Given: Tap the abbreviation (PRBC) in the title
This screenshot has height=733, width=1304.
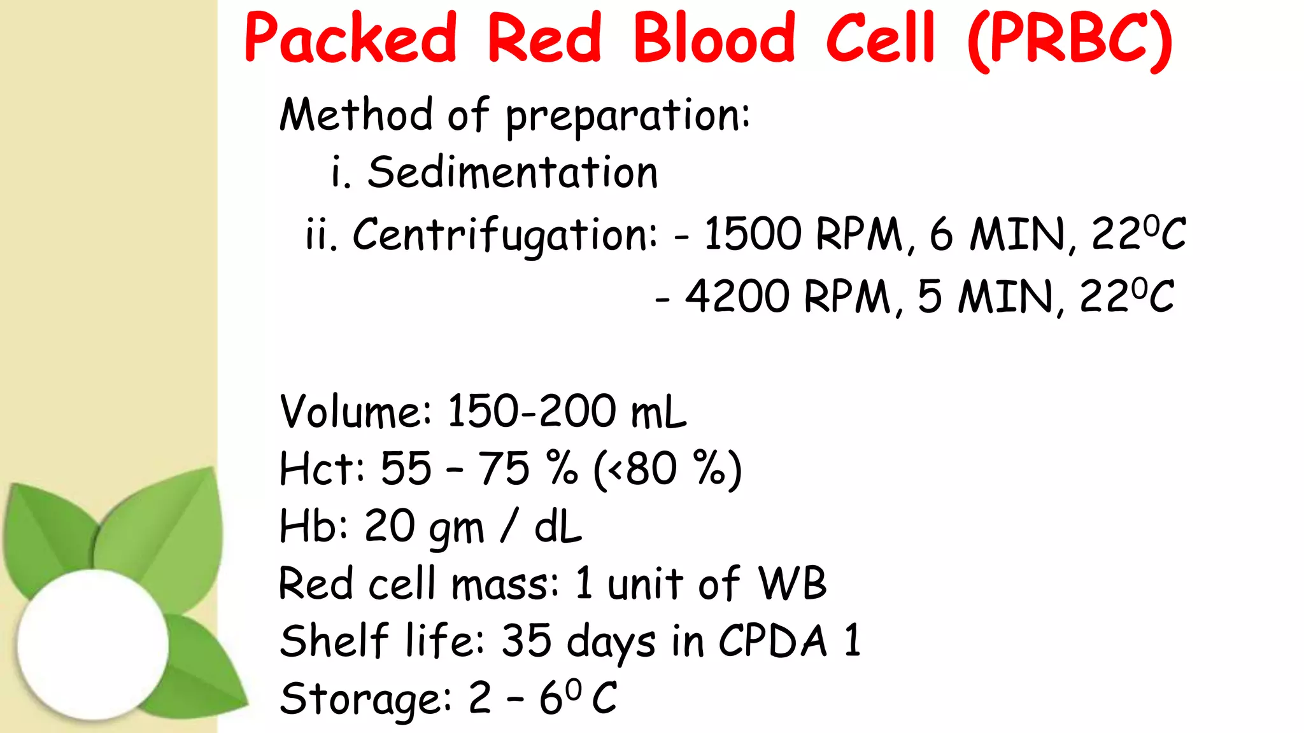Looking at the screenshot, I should [x=1070, y=39].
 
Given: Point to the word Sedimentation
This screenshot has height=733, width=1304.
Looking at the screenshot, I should [x=513, y=172].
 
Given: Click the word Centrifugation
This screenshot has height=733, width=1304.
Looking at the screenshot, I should [x=504, y=235].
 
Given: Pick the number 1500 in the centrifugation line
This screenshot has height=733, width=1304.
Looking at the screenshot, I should [x=752, y=234].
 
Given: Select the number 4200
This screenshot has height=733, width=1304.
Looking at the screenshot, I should [x=737, y=296].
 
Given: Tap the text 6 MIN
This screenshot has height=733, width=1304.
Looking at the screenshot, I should [x=997, y=234].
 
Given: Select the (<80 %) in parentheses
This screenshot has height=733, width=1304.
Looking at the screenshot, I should [x=667, y=469].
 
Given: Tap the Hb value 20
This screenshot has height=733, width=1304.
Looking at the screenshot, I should [x=389, y=526].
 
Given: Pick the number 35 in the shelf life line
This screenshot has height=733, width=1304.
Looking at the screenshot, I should [x=527, y=640].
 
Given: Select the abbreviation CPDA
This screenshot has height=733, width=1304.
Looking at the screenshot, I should [x=773, y=640].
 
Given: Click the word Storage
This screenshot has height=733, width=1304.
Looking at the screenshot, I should [x=365, y=698].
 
